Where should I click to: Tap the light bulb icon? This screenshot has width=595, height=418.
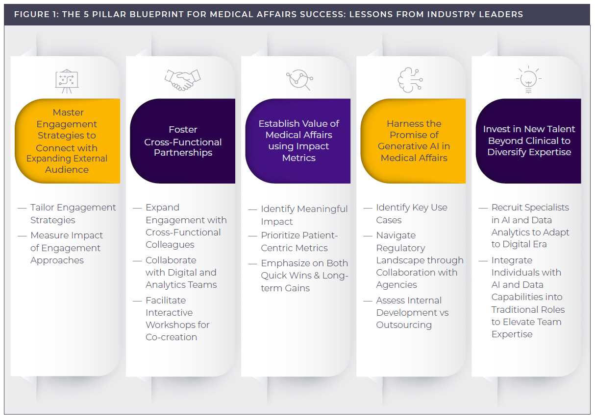pyautogui.click(x=528, y=80)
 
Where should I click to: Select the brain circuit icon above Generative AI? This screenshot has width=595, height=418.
pyautogui.click(x=410, y=79)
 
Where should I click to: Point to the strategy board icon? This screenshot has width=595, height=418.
pyautogui.click(x=67, y=81)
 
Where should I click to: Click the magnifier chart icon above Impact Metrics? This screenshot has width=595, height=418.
pyautogui.click(x=298, y=79)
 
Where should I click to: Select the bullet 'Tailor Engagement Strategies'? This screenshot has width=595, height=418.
pyautogui.click(x=73, y=214)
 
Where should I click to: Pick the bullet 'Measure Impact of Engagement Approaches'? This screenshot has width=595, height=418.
pyautogui.click(x=67, y=248)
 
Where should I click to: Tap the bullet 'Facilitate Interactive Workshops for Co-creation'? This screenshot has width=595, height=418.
pyautogui.click(x=177, y=319)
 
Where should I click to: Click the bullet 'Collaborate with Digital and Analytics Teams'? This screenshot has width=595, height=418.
pyautogui.click(x=181, y=272)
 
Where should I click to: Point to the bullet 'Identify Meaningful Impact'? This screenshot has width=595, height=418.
pyautogui.click(x=304, y=215)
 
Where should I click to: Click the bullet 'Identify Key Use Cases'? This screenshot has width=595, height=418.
pyautogui.click(x=411, y=214)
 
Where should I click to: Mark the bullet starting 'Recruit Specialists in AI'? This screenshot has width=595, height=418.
pyautogui.click(x=530, y=226)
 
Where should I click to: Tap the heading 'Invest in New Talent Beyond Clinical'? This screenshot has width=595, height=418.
pyautogui.click(x=529, y=140)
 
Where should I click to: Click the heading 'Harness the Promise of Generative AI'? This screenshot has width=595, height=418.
pyautogui.click(x=414, y=140)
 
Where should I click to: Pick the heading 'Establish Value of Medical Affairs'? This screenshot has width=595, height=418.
pyautogui.click(x=298, y=140)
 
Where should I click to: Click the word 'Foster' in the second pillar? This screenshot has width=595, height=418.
pyautogui.click(x=183, y=130)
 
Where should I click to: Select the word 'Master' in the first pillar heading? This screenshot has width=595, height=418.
pyautogui.click(x=68, y=113)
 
